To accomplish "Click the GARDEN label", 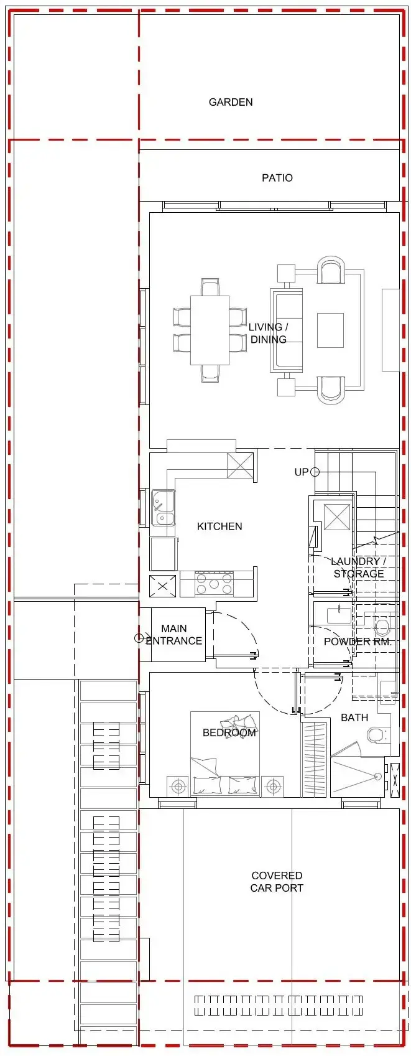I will pyautogui.click(x=230, y=102).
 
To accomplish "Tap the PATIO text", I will pyautogui.click(x=277, y=178).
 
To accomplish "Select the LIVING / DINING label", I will pyautogui.click(x=268, y=334).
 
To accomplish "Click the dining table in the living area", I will pyautogui.click(x=210, y=330).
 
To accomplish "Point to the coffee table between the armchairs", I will pyautogui.click(x=330, y=330).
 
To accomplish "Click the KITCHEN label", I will pyautogui.click(x=219, y=526).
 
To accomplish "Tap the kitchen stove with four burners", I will pyautogui.click(x=213, y=584).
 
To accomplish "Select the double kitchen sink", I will pyautogui.click(x=163, y=508).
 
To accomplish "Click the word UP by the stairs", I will pyautogui.click(x=301, y=472).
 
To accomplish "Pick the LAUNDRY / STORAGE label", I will pyautogui.click(x=358, y=568).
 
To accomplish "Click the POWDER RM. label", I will pyautogui.click(x=357, y=642).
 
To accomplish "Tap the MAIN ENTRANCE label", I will pyautogui.click(x=173, y=635).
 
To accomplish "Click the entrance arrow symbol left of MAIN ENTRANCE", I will pyautogui.click(x=140, y=638).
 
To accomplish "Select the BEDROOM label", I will pyautogui.click(x=229, y=733).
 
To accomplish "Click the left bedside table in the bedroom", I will pyautogui.click(x=178, y=787).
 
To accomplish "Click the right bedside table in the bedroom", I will pyautogui.click(x=272, y=787).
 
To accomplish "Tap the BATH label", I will pyautogui.click(x=354, y=718).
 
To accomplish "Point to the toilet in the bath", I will pyautogui.click(x=377, y=736).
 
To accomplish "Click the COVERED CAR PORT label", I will pyautogui.click(x=277, y=882).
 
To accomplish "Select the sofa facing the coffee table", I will pyautogui.click(x=286, y=330).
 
